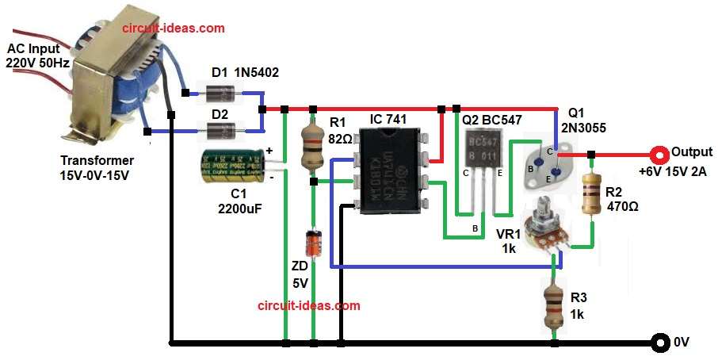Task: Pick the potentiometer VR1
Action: pos(548,229)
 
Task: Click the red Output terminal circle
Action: pos(657,154)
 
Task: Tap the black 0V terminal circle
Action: pos(659,343)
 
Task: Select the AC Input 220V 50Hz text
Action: pos(36,56)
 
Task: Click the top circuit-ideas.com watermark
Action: pos(173,28)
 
